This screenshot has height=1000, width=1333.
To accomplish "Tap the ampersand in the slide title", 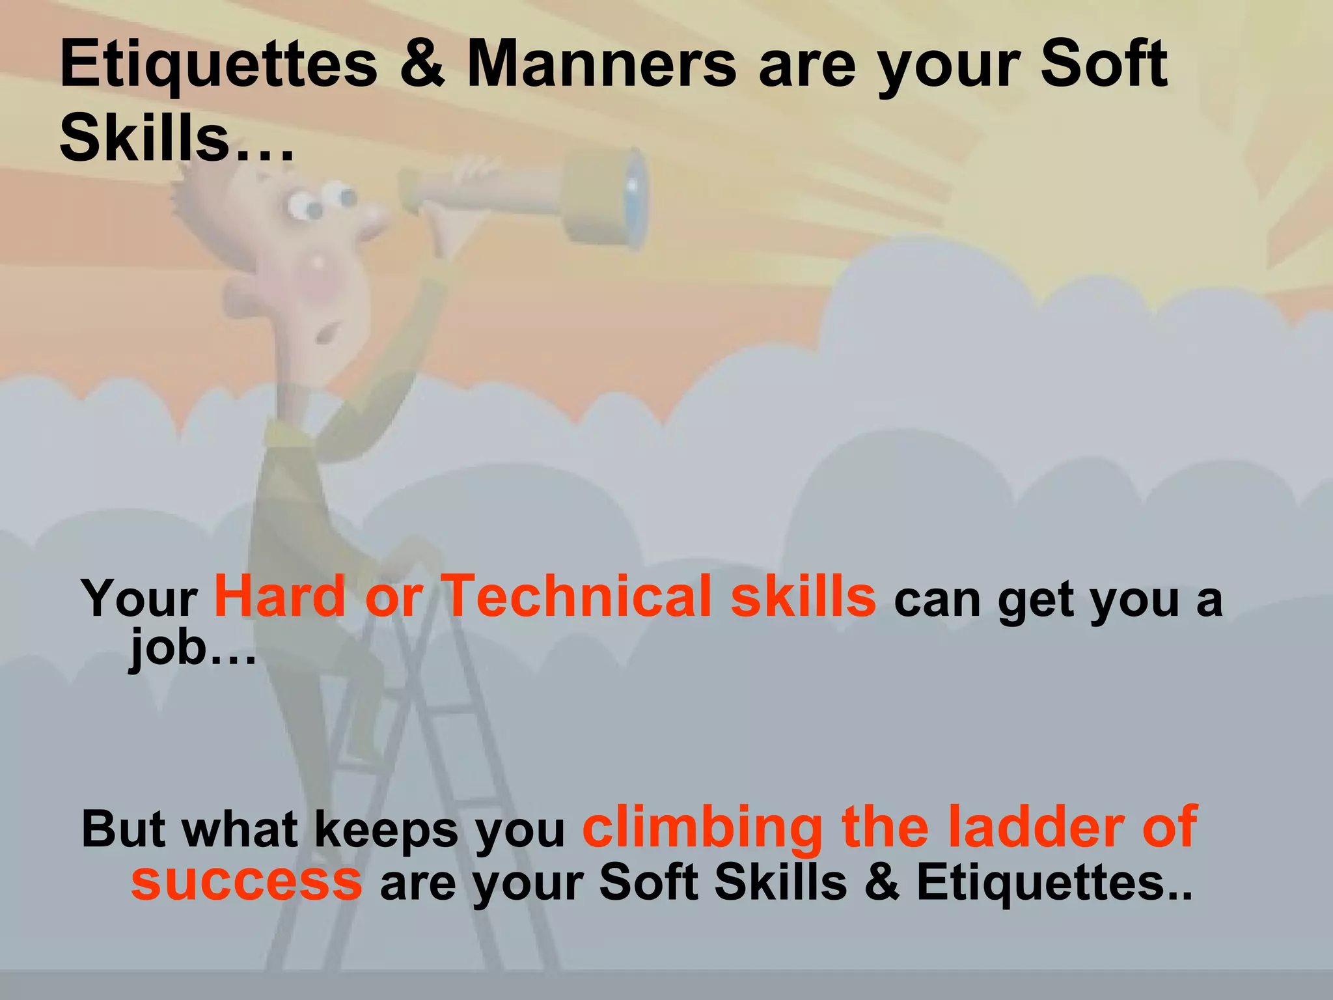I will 422,64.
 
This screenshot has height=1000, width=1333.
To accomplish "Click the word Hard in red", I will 280,596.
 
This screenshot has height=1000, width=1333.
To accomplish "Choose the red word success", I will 246,882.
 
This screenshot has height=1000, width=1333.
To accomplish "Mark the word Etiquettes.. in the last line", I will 1054,883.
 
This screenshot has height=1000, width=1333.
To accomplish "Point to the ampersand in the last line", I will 881,883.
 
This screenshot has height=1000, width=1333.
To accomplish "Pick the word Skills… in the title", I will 176,139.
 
